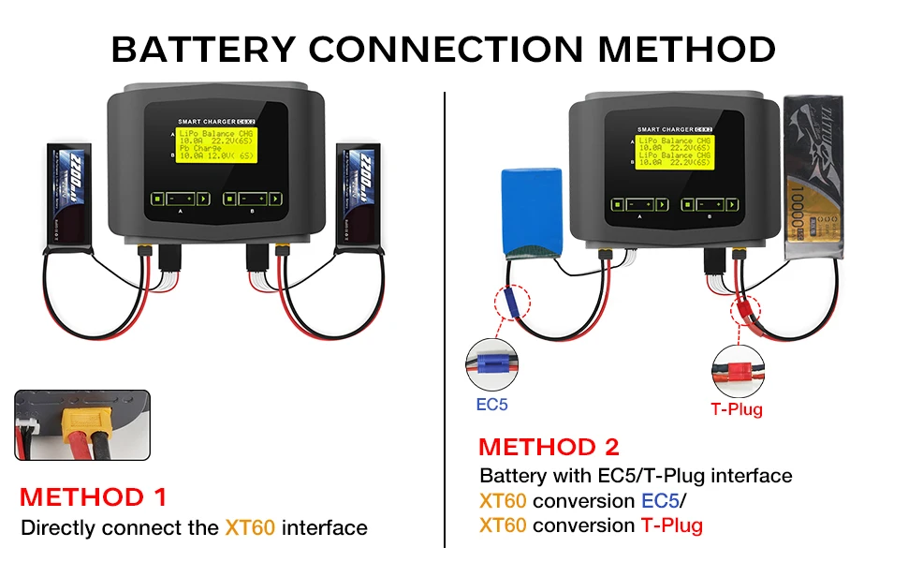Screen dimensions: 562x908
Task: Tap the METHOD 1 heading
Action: point(93,496)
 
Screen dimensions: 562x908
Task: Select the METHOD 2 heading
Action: point(549,447)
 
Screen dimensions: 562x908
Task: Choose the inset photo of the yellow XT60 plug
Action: point(82,425)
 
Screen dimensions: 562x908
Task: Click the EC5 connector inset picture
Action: point(492,367)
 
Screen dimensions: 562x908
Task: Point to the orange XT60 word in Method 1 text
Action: point(250,527)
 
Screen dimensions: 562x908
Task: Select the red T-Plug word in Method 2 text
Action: point(671,525)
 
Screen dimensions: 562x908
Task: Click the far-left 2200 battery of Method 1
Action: point(71,198)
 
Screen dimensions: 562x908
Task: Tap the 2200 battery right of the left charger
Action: point(359,198)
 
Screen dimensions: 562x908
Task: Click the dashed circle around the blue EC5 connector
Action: point(508,303)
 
